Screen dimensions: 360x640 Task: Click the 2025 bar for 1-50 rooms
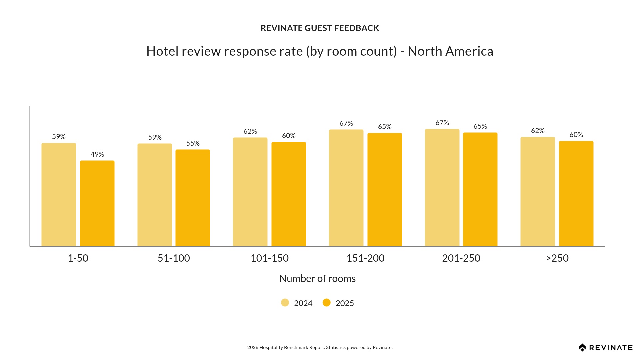[x=97, y=203]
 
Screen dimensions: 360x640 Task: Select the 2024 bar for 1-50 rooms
[x=59, y=195]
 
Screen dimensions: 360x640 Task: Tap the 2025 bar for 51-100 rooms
[x=193, y=198]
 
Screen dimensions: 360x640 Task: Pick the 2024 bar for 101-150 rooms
[x=250, y=192]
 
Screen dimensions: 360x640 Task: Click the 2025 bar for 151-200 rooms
[x=385, y=190]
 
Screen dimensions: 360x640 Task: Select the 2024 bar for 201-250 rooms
[x=442, y=188]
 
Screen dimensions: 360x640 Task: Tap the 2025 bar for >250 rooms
[x=576, y=194]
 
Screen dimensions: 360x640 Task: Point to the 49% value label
[x=97, y=154]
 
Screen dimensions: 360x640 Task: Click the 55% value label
[x=193, y=143]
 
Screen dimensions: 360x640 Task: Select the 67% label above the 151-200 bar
[x=346, y=123]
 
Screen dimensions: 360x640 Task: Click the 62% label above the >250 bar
[x=538, y=131]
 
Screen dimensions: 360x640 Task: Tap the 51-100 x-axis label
[x=174, y=258]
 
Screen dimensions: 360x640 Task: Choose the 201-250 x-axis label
[x=461, y=258]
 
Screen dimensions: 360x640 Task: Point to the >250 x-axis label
[x=557, y=258]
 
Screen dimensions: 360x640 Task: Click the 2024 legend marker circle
[x=285, y=303]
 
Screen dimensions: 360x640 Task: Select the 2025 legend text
[x=345, y=303]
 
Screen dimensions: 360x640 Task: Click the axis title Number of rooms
[x=317, y=278]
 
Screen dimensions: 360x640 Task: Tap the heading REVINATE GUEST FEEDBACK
[x=320, y=28]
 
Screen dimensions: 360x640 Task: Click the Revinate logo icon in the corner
[x=582, y=348]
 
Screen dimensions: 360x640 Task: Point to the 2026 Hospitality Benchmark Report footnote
[x=320, y=347]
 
